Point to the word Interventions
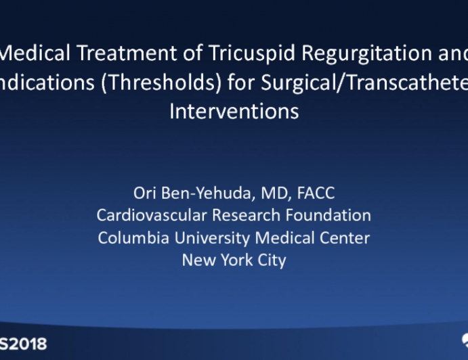234,110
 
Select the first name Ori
144,194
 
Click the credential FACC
315,194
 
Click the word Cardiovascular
148,216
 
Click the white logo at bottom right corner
463,342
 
